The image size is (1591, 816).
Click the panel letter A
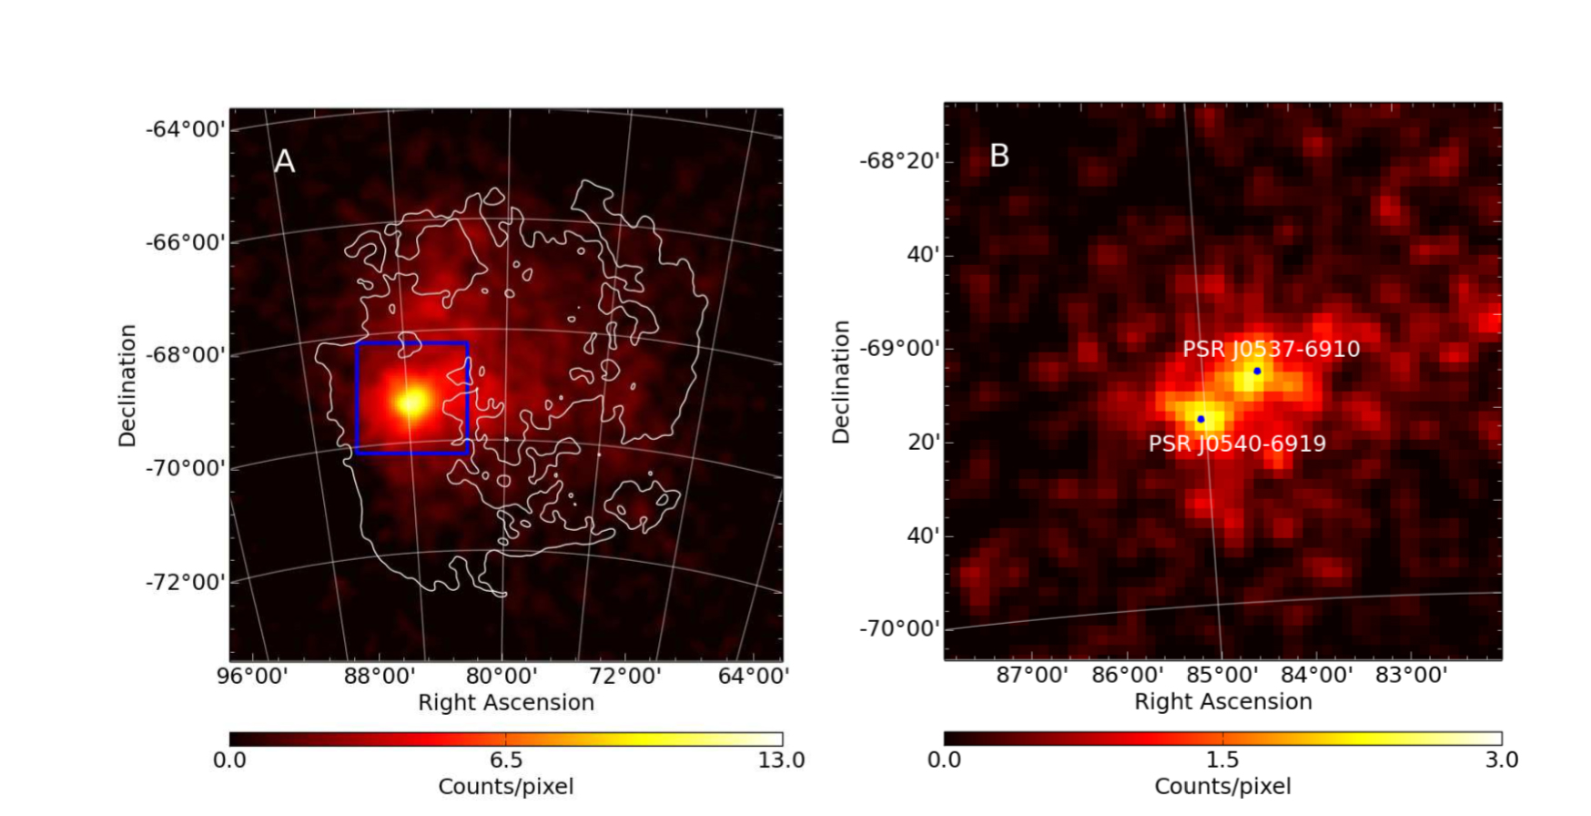pyautogui.click(x=285, y=161)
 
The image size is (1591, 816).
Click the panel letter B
pyautogui.click(x=999, y=156)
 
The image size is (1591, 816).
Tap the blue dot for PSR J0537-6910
pyautogui.click(x=1257, y=371)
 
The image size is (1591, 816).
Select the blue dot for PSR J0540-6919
pyautogui.click(x=1201, y=419)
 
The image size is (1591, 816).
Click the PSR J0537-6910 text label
pyautogui.click(x=1271, y=349)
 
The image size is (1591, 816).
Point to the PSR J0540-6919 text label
pyautogui.click(x=1237, y=444)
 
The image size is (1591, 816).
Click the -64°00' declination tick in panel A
pyautogui.click(x=186, y=129)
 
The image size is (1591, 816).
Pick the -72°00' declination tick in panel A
pyautogui.click(x=186, y=581)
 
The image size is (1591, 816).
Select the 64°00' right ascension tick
pyautogui.click(x=753, y=677)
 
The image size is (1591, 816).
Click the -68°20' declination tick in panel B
pyautogui.click(x=899, y=161)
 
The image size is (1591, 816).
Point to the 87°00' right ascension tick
pyautogui.click(x=1031, y=676)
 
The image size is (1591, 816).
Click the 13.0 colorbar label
pyautogui.click(x=782, y=760)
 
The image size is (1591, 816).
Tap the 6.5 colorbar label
pyautogui.click(x=506, y=760)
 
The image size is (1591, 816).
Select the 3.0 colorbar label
pyautogui.click(x=1501, y=760)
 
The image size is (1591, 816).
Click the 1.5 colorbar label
pyautogui.click(x=1222, y=760)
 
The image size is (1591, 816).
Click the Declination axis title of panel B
pyautogui.click(x=841, y=382)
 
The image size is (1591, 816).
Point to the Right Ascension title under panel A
pyautogui.click(x=506, y=702)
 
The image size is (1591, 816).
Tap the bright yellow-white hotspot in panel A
pyautogui.click(x=411, y=401)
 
